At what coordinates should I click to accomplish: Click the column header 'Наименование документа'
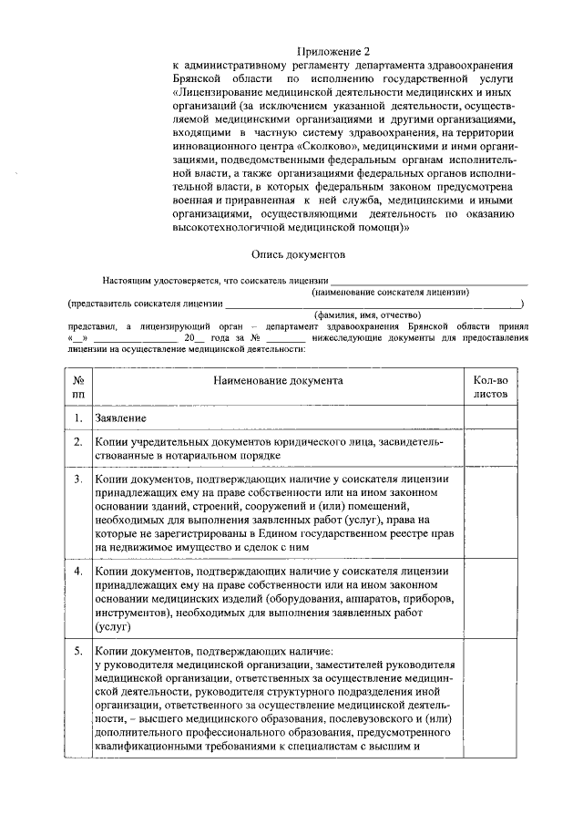278,379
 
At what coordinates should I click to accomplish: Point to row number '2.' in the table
79,442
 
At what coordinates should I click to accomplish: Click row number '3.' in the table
79,479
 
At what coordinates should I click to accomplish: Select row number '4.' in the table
79,572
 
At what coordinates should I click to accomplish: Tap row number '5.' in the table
79,652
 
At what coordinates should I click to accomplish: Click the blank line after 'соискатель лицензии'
428,282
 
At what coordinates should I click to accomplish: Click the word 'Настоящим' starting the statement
124,282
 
